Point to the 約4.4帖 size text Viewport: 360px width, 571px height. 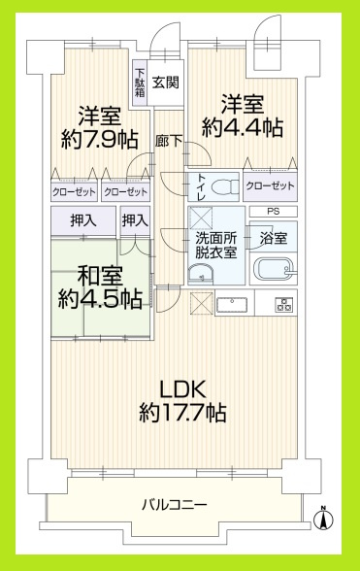[x=244, y=126]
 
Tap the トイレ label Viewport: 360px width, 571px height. [x=201, y=185]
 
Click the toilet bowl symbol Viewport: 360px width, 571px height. [x=221, y=185]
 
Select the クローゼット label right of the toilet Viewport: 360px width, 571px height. [x=270, y=185]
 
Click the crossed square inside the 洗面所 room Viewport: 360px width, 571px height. [x=203, y=218]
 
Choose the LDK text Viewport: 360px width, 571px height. [x=182, y=389]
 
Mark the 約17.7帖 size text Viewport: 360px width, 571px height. [x=182, y=414]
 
